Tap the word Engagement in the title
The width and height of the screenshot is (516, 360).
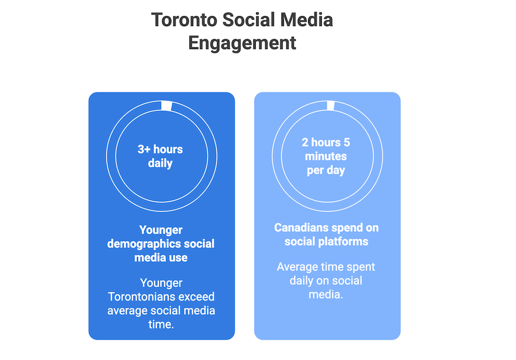point(242,43)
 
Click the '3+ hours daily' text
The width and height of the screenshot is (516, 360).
point(160,156)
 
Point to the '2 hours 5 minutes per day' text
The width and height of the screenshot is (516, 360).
point(326,156)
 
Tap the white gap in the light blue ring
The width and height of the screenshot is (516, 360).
point(330,106)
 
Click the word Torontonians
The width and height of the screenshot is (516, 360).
point(141,297)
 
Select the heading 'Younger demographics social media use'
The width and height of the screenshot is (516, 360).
point(160,244)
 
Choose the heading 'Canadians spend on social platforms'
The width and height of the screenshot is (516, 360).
point(326,234)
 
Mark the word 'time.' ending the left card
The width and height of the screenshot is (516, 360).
point(161,324)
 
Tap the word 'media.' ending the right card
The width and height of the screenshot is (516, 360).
point(326,294)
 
